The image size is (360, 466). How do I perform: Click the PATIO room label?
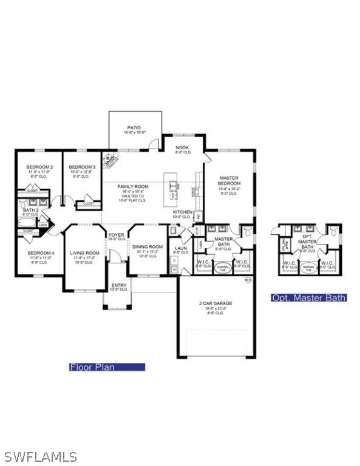[x=134, y=128]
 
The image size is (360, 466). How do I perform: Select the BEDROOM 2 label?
[x=39, y=167]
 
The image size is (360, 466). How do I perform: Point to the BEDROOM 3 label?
[x=82, y=167]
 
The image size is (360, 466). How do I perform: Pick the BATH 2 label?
[x=30, y=211]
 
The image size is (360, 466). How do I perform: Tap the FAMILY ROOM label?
[x=132, y=187]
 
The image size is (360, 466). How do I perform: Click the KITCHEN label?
[x=183, y=212]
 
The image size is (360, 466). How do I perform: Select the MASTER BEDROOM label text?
[x=229, y=181]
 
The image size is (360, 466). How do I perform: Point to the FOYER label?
[x=117, y=235]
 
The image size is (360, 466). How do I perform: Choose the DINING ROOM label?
[x=148, y=246]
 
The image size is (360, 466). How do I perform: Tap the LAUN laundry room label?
[x=181, y=248]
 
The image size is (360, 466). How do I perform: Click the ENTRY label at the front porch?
[x=118, y=285]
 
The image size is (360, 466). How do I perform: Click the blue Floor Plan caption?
[x=107, y=366]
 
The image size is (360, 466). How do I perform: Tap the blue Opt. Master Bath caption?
[x=308, y=297]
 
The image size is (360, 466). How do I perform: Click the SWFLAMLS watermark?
[x=40, y=456]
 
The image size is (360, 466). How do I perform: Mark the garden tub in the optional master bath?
[x=308, y=267]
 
